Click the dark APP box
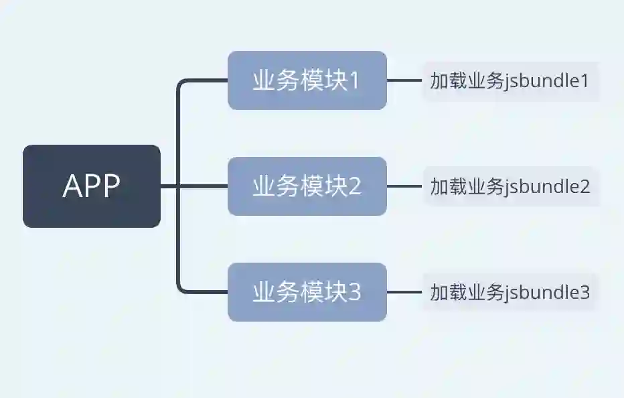coord(92,186)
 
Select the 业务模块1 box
coord(307,80)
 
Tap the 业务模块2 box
coord(307,186)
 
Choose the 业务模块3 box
coord(307,292)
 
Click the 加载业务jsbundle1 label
coord(510,81)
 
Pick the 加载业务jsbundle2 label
coord(510,186)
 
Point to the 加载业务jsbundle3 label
coord(510,292)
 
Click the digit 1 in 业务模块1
coord(354,81)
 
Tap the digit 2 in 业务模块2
coord(354,186)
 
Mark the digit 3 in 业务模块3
coord(354,292)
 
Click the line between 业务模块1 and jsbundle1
coord(404,80)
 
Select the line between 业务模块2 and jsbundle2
coord(404,186)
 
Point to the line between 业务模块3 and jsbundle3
coord(404,292)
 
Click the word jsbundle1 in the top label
coord(548,82)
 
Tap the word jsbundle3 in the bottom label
coord(548,293)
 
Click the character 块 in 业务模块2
coord(336,186)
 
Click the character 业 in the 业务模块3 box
coord(263,292)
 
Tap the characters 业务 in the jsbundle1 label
coord(485,81)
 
